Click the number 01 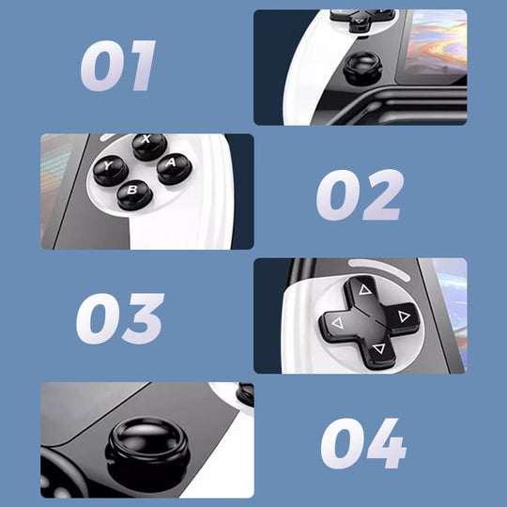click(x=117, y=67)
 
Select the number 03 click(x=119, y=318)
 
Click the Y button click(x=109, y=170)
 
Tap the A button click(x=174, y=169)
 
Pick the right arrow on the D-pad click(x=405, y=317)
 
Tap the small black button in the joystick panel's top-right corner click(x=245, y=395)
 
